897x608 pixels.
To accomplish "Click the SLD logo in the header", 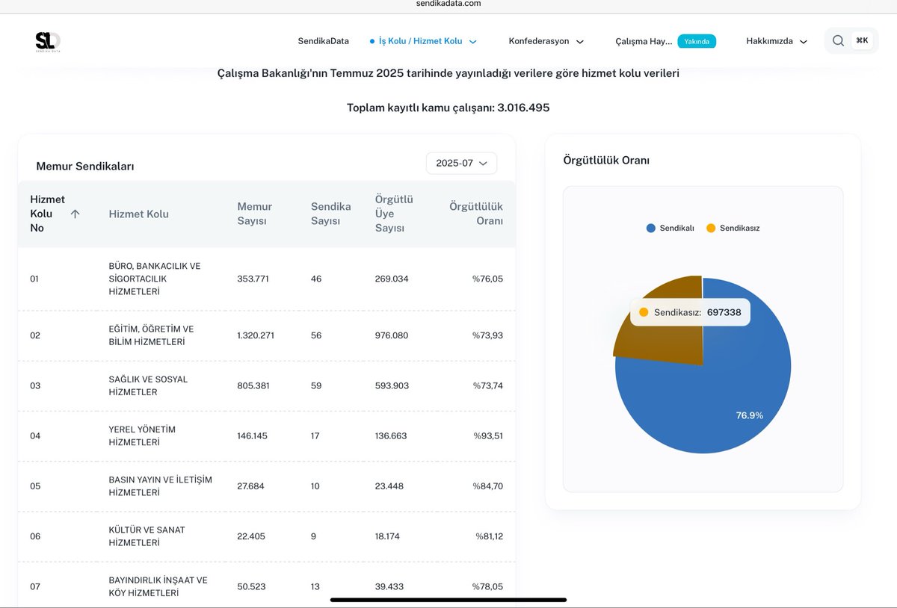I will click(x=48, y=42).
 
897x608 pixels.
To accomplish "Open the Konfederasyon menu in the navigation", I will click(x=546, y=41).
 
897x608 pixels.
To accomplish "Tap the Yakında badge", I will click(x=697, y=41).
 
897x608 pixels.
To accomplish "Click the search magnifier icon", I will click(x=838, y=41).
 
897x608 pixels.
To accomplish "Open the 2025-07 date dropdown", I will click(x=461, y=163).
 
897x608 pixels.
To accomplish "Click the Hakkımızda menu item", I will click(x=776, y=41).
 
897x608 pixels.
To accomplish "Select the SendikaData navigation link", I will click(x=323, y=41).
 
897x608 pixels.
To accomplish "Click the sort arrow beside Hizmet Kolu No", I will click(x=75, y=214).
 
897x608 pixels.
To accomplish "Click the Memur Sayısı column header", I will click(x=255, y=214).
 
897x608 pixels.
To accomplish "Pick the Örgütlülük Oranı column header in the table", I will click(x=476, y=214).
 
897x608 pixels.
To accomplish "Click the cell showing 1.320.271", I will click(x=256, y=335).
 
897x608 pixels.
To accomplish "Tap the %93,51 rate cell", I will click(x=488, y=435).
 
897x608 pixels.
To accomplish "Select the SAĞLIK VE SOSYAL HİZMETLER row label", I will click(x=148, y=385).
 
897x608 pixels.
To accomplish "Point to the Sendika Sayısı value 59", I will click(x=316, y=385).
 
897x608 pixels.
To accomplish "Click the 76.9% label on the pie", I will click(x=749, y=415).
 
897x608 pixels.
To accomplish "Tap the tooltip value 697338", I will click(x=724, y=312).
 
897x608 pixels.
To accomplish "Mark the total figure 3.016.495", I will click(x=523, y=108).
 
